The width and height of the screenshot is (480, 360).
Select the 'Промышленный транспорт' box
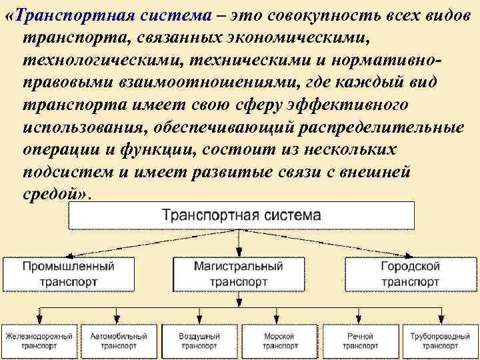pyautogui.click(x=69, y=274)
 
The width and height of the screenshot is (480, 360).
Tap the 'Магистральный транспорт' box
pyautogui.click(x=239, y=274)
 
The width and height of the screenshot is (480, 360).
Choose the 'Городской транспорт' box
pyautogui.click(x=410, y=274)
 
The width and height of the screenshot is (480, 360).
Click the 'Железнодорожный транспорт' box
pyautogui.click(x=39, y=341)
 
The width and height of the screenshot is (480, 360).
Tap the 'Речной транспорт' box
pyautogui.click(x=360, y=341)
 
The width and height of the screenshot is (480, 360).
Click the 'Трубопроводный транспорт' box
pyautogui.click(x=440, y=341)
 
